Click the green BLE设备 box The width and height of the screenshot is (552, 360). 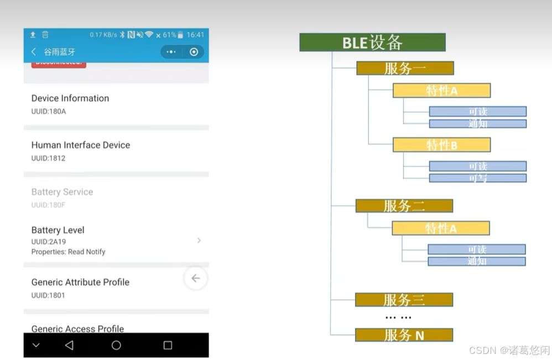coord(372,43)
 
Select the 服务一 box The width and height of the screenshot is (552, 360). coord(405,69)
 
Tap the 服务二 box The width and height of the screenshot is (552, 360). coord(404,206)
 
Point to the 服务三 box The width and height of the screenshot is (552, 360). coord(404,300)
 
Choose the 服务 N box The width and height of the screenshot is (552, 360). coord(404,335)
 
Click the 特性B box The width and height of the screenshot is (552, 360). coord(441,145)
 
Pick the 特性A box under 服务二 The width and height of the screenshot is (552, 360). coord(440,228)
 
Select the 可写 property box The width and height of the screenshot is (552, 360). coord(477,178)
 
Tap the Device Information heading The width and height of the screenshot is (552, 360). coord(70,98)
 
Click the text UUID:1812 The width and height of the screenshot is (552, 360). coord(48,158)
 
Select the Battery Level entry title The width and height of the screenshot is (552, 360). coord(58,230)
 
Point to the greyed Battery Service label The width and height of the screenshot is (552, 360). coord(62,192)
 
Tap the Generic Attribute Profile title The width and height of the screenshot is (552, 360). coord(80,282)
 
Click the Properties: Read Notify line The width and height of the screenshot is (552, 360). coord(68,252)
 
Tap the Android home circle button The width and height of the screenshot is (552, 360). coord(116,345)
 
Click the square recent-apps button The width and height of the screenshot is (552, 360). coord(168,345)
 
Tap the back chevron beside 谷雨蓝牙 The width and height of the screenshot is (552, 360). coord(34,52)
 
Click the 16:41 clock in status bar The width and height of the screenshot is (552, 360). coord(195,35)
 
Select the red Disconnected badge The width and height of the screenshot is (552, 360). coord(59,64)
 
